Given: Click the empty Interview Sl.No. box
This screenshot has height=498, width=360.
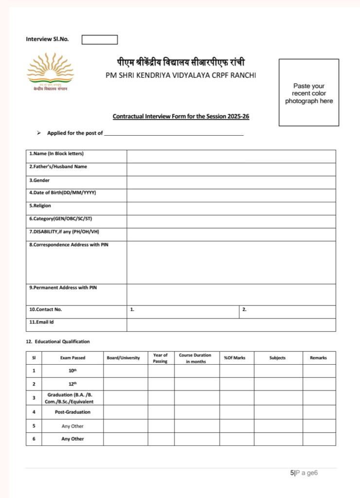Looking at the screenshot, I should pos(99,39).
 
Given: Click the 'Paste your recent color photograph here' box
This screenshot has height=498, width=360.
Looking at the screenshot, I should pos(308,92).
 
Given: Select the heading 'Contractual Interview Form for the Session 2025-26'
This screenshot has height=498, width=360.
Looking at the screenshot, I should pos(181,117).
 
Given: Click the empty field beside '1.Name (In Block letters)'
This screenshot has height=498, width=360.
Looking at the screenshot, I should pos(231,156).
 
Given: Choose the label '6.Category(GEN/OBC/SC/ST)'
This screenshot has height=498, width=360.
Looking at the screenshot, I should pos(61,218).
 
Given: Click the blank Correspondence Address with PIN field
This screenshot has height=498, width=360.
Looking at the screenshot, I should pos(231,262).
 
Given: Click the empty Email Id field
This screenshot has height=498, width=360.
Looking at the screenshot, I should pos(231,324).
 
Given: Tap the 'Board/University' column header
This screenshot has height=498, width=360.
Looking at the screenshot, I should pos(123,358).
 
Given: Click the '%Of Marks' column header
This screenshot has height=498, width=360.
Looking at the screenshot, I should pos(234,358).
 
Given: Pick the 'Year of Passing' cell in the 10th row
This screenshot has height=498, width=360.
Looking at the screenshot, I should pos(161,371).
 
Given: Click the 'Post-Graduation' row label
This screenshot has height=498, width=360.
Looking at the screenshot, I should pos(72,412).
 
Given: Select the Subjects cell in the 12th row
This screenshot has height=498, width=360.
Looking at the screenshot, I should pos(278,384).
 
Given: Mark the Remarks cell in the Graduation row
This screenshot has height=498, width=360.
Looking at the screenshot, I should pos(319,398).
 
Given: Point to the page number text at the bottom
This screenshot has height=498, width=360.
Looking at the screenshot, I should pos(304,473).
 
